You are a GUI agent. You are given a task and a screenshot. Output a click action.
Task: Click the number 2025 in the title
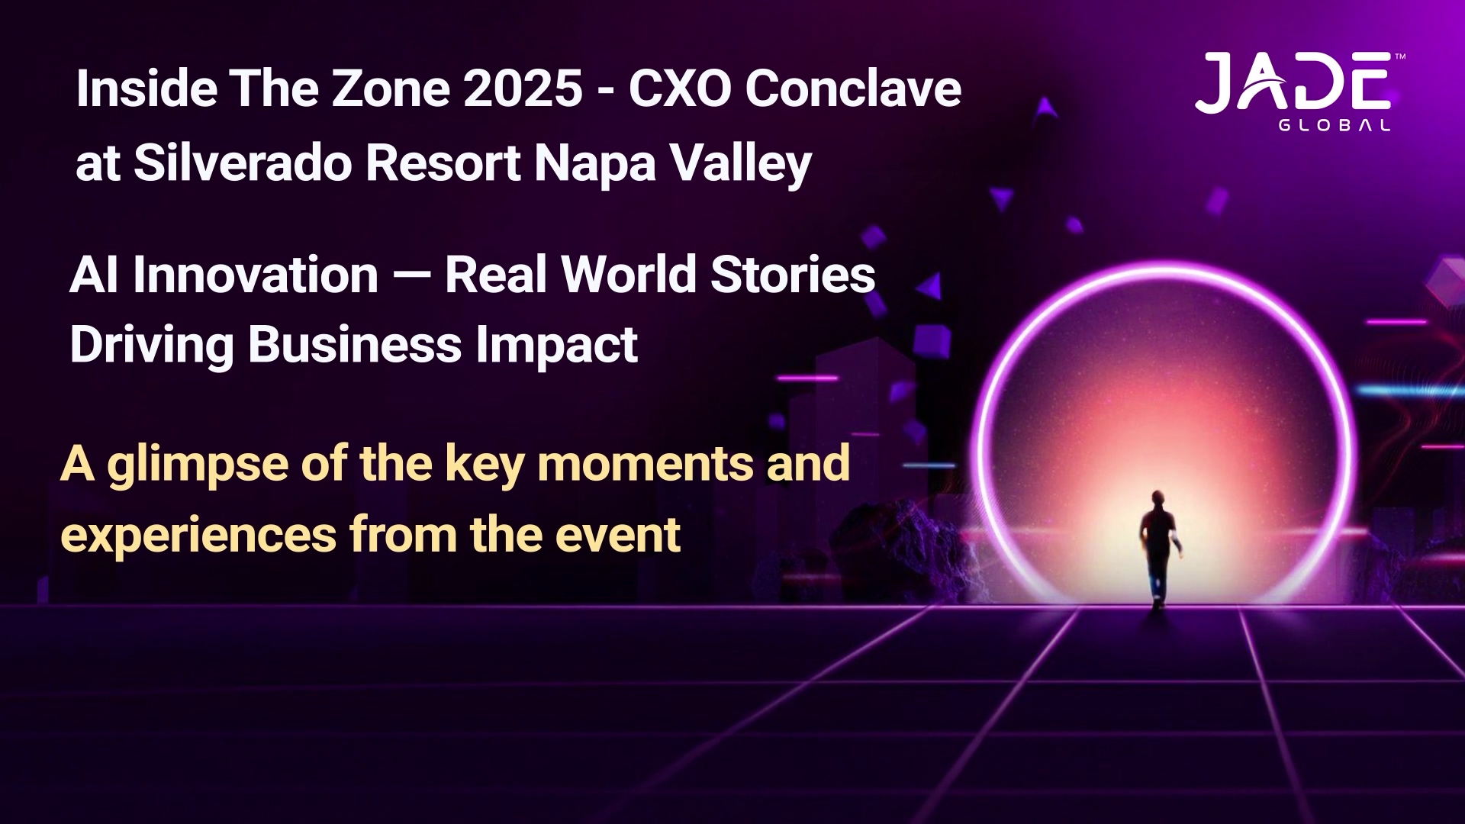[x=523, y=89]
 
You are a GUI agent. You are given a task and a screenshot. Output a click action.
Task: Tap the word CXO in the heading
[x=681, y=89]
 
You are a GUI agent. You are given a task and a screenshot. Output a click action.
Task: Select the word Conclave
[x=853, y=89]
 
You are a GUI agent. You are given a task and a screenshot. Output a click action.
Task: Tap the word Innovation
[x=256, y=275]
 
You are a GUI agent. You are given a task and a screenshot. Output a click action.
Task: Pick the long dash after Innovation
[x=412, y=276]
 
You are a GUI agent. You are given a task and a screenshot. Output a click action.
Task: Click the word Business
[x=355, y=345]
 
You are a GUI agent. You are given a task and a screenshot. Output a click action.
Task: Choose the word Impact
[x=556, y=346]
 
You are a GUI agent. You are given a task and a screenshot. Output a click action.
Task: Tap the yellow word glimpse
[x=198, y=465]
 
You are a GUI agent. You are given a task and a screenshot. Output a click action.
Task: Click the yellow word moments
[x=645, y=464]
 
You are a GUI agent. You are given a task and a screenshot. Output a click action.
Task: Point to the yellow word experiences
[x=198, y=536]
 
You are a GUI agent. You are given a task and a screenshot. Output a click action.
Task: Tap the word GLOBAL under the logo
[x=1335, y=126]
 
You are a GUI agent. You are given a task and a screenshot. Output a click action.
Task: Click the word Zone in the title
[x=391, y=89]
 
